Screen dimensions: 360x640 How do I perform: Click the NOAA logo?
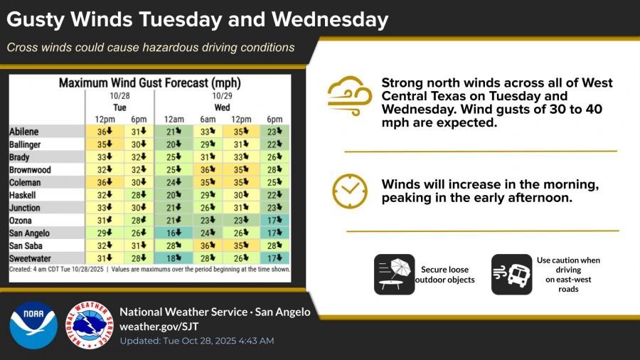tap(33, 325)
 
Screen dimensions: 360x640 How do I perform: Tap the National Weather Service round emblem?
tap(89, 325)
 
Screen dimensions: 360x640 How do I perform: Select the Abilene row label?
tap(23, 132)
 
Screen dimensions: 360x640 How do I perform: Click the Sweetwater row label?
tap(29, 258)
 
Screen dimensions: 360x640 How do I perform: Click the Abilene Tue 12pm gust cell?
tap(105, 132)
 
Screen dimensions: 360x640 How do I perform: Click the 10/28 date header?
tap(119, 95)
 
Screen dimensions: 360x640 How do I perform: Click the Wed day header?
tap(221, 107)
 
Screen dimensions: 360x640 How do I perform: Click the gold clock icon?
tap(350, 191)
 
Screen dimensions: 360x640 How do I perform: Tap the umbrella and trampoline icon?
tap(394, 275)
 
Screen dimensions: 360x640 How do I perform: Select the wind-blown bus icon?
tap(511, 275)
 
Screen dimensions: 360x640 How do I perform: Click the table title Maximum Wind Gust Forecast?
tap(149, 83)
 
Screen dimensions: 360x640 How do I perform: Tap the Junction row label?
tap(25, 208)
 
